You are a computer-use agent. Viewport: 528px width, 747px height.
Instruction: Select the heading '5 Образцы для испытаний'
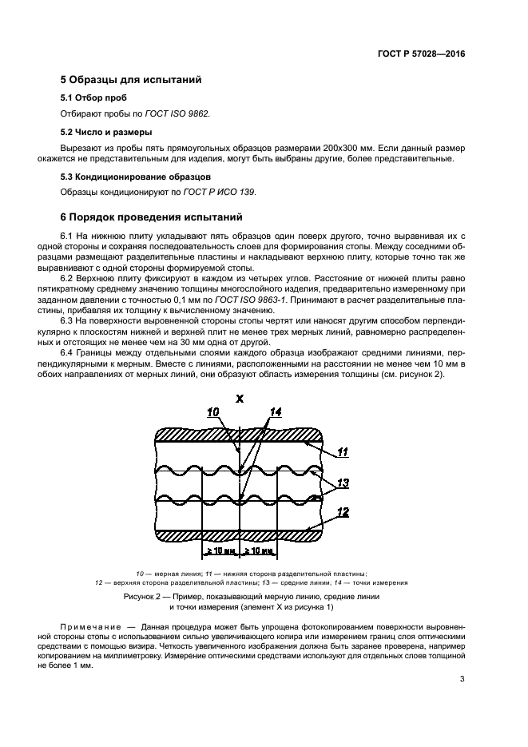click(125, 79)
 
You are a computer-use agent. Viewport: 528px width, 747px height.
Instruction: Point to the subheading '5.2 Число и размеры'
click(106, 132)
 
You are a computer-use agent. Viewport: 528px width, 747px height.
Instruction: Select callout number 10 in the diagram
click(212, 412)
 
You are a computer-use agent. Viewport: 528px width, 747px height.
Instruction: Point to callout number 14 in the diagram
click(276, 412)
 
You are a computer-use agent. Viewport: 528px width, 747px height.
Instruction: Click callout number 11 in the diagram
click(342, 452)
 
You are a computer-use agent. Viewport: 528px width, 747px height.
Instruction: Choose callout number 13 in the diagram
click(343, 483)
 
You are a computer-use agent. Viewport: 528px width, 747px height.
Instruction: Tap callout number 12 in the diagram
click(343, 512)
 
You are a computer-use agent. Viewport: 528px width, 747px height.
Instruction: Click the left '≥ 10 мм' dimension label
click(222, 550)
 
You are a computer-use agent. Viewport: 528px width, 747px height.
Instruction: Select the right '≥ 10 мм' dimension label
click(259, 550)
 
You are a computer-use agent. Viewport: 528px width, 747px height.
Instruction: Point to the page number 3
click(462, 681)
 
